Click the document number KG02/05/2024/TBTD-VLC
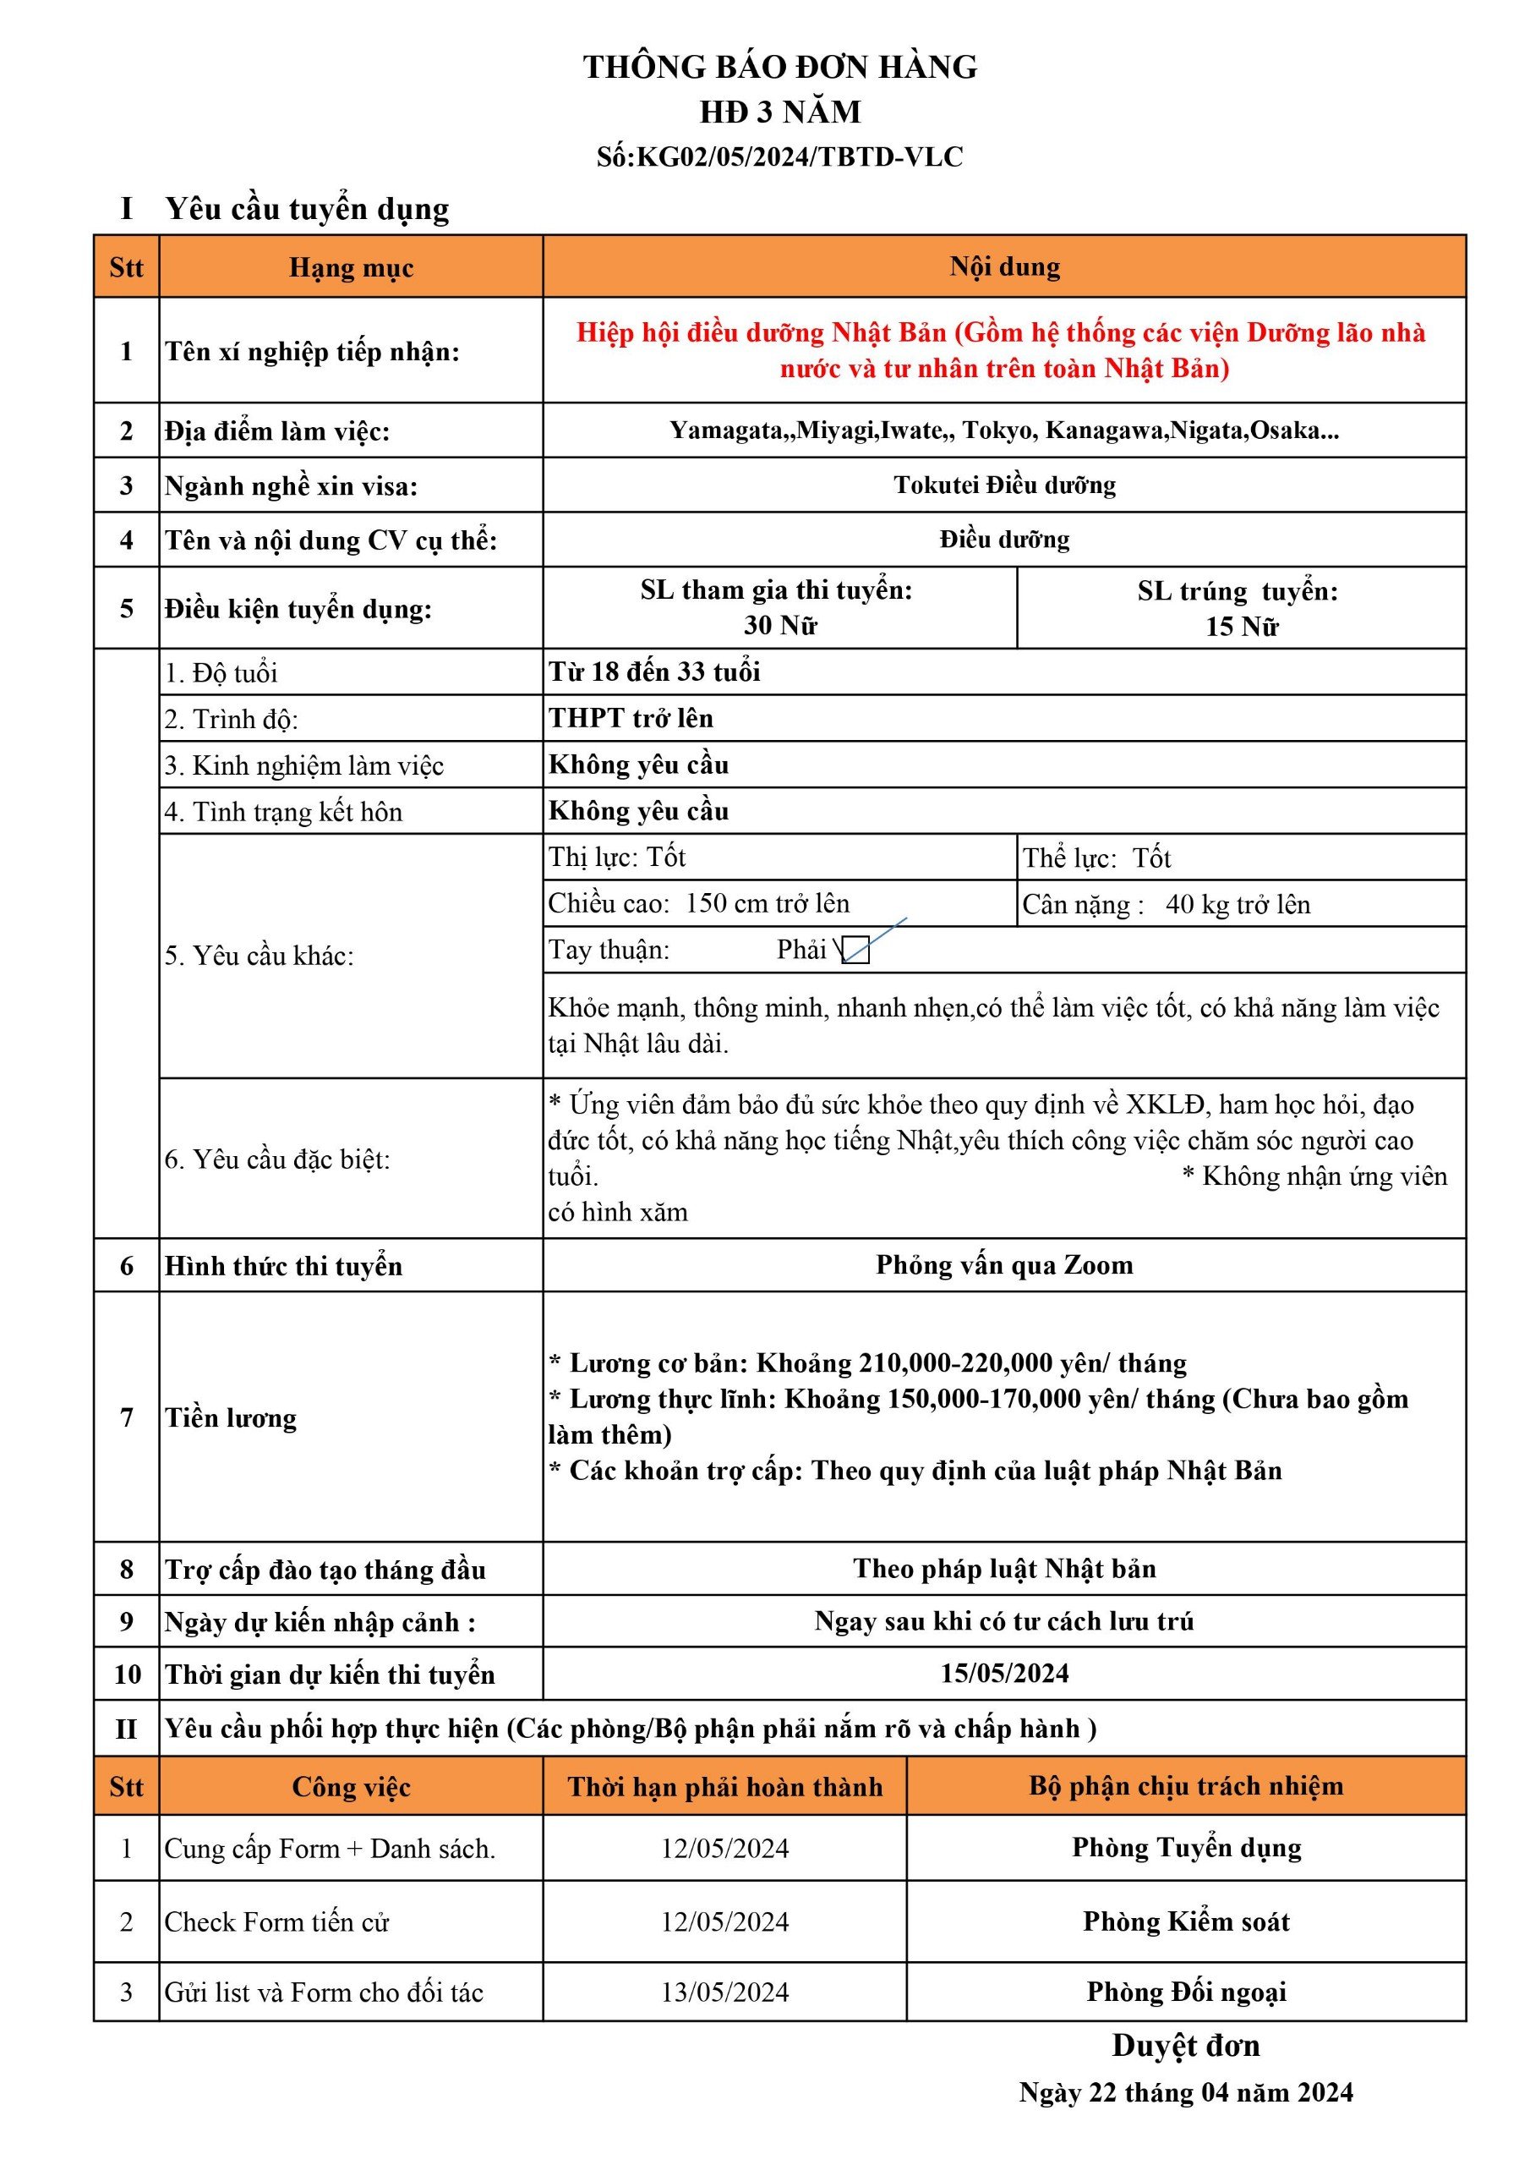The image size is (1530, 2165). pyautogui.click(x=800, y=156)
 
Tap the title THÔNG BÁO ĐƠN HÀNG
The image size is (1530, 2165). pyautogui.click(x=779, y=67)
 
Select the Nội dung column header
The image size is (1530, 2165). pyautogui.click(x=1004, y=267)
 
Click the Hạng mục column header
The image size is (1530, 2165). pyautogui.click(x=351, y=268)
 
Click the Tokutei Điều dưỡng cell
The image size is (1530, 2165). pyautogui.click(x=1004, y=485)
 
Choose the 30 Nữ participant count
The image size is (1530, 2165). pyautogui.click(x=779, y=625)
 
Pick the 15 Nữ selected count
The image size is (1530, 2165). pyautogui.click(x=1241, y=626)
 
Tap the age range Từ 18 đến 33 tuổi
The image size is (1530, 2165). pyautogui.click(x=654, y=671)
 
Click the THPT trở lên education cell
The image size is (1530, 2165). pyautogui.click(x=631, y=718)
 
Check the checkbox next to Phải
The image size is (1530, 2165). pyautogui.click(x=855, y=950)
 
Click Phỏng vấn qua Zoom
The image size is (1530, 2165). pyautogui.click(x=1004, y=1264)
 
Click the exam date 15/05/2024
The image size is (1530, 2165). pyautogui.click(x=1004, y=1673)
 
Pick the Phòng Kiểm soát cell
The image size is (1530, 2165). pyautogui.click(x=1185, y=1921)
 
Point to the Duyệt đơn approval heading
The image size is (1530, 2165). pyautogui.click(x=1185, y=2044)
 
